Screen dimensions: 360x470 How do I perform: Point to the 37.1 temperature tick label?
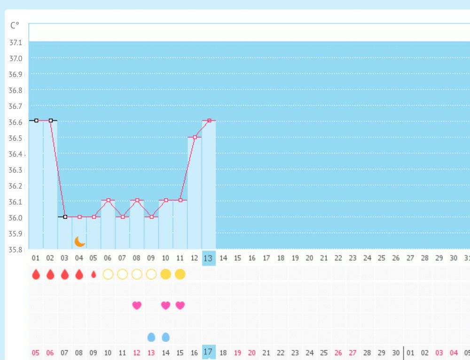pyautogui.click(x=16, y=42)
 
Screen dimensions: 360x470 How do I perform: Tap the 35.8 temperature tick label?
pyautogui.click(x=16, y=249)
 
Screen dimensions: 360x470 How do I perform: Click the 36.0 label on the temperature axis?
pyautogui.click(x=16, y=218)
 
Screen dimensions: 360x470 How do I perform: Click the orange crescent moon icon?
pyautogui.click(x=80, y=242)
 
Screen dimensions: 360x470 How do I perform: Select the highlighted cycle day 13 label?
pyautogui.click(x=209, y=258)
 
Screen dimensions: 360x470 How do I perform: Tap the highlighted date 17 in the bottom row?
pyautogui.click(x=209, y=352)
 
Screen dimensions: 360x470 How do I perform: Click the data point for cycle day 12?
pyautogui.click(x=195, y=137)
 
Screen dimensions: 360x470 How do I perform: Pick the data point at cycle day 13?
pyautogui.click(x=209, y=121)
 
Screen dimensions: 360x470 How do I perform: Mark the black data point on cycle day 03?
pyautogui.click(x=65, y=217)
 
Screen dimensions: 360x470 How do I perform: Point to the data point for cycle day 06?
pyautogui.click(x=108, y=200)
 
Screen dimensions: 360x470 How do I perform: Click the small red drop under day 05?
pyautogui.click(x=94, y=274)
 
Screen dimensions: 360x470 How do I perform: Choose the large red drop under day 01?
pyautogui.click(x=36, y=274)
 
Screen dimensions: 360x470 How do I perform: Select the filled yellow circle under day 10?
pyautogui.click(x=165, y=274)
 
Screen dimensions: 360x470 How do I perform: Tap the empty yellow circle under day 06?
pyautogui.click(x=108, y=274)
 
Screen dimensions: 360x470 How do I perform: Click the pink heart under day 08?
pyautogui.click(x=137, y=305)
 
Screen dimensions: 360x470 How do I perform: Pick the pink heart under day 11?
pyautogui.click(x=180, y=305)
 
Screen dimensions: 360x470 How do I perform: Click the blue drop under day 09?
pyautogui.click(x=151, y=337)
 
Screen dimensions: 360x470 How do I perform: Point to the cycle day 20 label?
pyautogui.click(x=309, y=258)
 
